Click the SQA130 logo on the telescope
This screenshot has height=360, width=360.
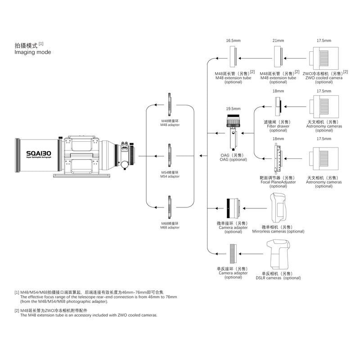(x=39, y=153)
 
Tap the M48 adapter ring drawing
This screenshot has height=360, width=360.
(x=170, y=104)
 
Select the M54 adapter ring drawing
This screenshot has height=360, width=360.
(x=170, y=155)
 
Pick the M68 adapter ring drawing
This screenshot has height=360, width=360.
(x=170, y=207)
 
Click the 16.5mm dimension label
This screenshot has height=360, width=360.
(x=233, y=40)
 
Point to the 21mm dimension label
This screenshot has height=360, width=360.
(x=278, y=40)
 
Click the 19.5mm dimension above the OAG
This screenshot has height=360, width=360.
(x=233, y=108)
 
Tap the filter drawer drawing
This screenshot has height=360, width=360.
(x=279, y=107)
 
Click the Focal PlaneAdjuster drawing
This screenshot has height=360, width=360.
(x=278, y=158)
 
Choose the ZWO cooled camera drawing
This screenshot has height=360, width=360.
(x=324, y=58)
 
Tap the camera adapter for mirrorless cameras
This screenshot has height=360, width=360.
(x=233, y=208)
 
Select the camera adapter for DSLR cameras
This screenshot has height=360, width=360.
(x=233, y=254)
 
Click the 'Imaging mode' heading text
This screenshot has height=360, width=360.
(x=32, y=52)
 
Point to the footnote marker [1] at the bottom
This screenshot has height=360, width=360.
(x=17, y=292)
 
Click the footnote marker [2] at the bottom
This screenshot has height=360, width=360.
(x=17, y=310)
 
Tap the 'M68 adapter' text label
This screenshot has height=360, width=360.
(x=170, y=228)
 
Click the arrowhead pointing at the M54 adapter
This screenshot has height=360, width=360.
(x=156, y=156)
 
